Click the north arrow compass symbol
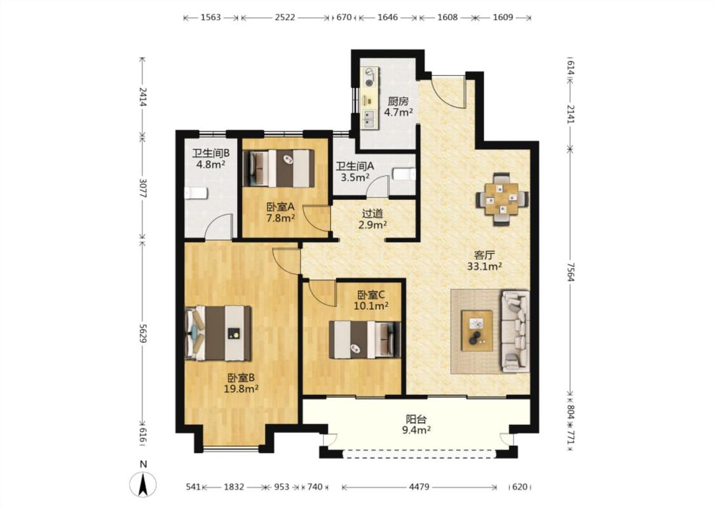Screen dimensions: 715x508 143,485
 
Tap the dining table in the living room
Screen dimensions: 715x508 501,199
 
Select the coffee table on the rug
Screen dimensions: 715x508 477,331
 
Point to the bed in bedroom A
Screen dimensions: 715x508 278,168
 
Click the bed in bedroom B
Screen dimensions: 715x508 218,333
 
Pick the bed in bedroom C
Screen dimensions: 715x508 365,340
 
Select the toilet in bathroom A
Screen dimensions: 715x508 404,175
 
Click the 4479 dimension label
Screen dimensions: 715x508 419,486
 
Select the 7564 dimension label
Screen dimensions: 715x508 571,271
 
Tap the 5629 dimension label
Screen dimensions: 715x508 143,334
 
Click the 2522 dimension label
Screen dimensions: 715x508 285,17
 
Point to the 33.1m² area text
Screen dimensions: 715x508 484,266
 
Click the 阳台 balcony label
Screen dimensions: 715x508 416,418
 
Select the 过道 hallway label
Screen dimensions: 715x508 372,213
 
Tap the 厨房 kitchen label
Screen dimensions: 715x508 398,101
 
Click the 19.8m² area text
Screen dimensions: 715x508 242,389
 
